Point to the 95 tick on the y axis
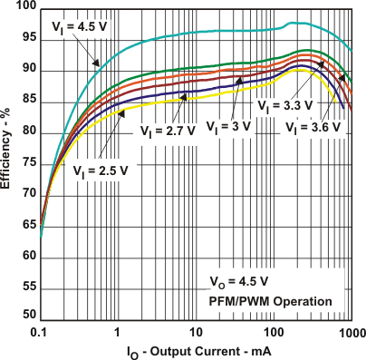[x=28, y=38]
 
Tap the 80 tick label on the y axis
[x=28, y=131]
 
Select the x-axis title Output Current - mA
[x=196, y=351]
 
